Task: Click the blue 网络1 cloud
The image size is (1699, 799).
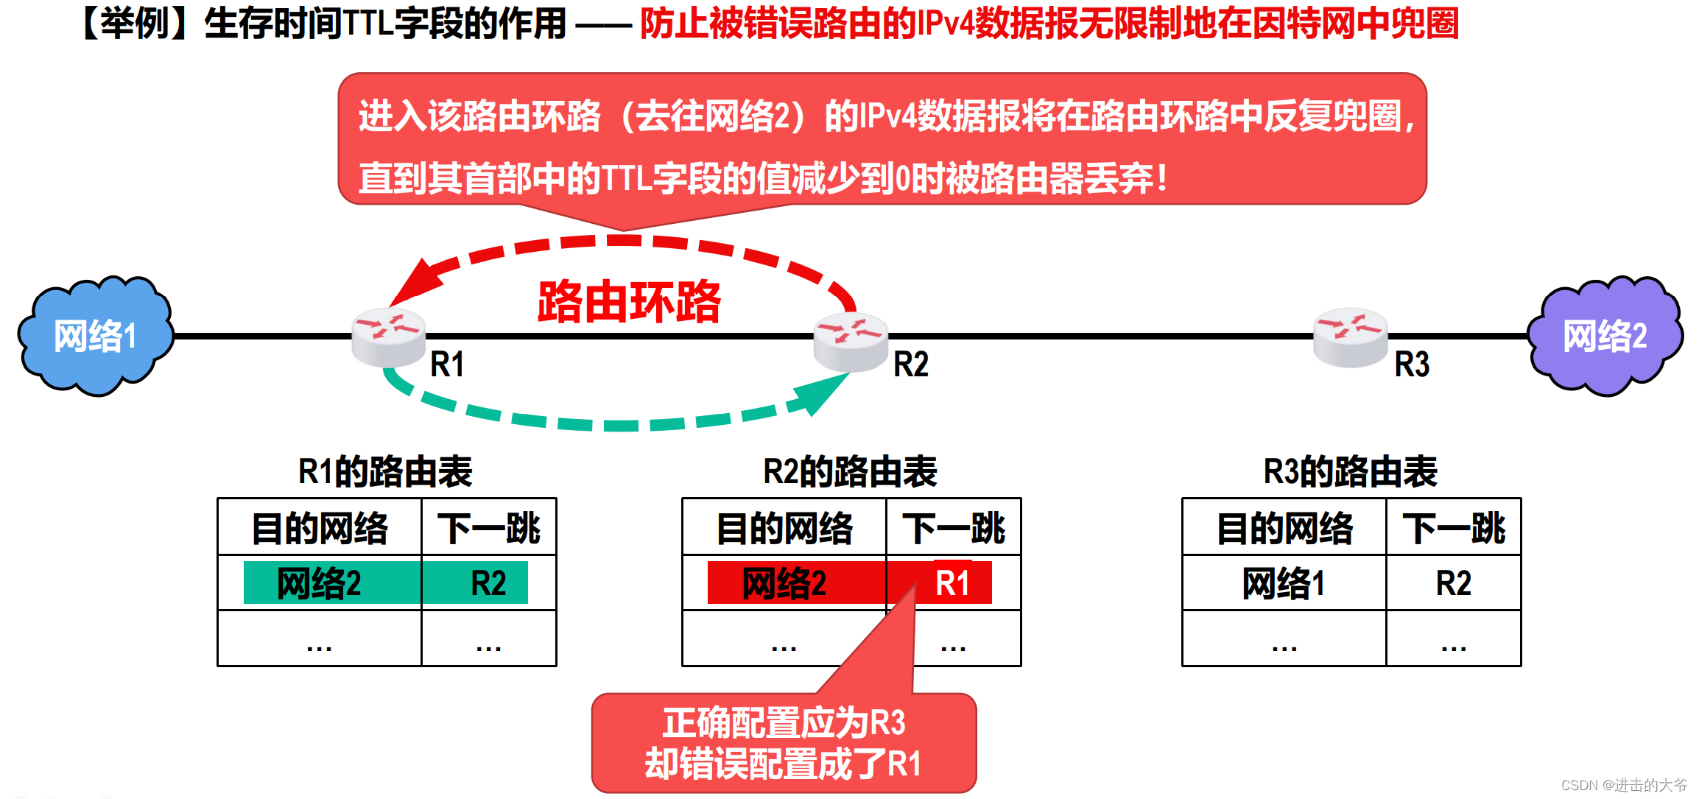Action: pos(96,337)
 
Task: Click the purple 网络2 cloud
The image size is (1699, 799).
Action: pos(1605,337)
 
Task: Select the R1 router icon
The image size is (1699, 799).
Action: pos(388,337)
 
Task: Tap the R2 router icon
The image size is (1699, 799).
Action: pos(851,341)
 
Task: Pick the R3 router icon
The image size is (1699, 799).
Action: pos(1351,337)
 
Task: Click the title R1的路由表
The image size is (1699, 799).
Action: pos(385,471)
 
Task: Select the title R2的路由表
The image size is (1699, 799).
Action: pos(850,471)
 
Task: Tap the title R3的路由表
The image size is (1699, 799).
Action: pos(1350,471)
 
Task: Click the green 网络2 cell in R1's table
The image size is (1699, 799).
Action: pos(320,583)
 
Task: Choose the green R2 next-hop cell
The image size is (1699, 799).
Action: pos(488,583)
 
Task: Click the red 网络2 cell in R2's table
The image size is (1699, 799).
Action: pos(784,583)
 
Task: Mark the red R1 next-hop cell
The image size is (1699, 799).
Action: pos(953,583)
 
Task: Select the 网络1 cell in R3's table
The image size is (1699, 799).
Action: pos(1284,583)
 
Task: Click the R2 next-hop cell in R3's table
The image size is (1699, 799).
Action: pos(1453,583)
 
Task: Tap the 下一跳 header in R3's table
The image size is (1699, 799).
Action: pos(1453,528)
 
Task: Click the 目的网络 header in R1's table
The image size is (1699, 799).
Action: pos(320,528)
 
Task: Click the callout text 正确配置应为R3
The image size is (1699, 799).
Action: pos(784,722)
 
